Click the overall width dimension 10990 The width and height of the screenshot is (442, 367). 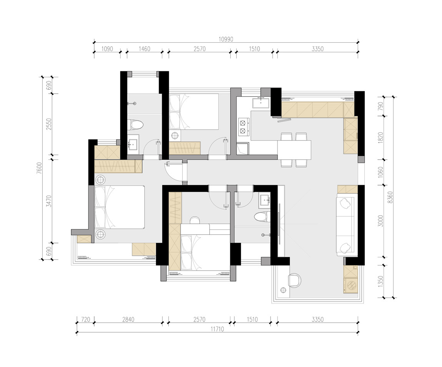point(226,39)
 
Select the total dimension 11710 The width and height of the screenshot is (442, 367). point(217,329)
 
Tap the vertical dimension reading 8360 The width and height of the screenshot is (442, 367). point(390,197)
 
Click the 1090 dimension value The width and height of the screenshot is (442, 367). point(107,49)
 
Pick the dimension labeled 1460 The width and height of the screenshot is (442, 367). point(145,49)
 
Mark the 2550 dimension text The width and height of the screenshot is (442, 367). point(49,124)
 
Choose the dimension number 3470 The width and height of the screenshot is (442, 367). point(49,201)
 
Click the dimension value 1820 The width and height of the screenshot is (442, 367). point(381,137)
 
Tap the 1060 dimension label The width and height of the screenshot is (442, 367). point(381,172)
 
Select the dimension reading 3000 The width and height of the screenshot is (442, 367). point(381,221)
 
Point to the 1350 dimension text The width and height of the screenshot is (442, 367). point(381,282)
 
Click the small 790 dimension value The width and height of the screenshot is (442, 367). point(381,106)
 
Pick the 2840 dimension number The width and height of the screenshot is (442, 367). point(128,320)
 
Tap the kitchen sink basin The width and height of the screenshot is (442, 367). point(261,102)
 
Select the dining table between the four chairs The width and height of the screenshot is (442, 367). point(294,150)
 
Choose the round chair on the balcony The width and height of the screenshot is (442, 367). point(294,280)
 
